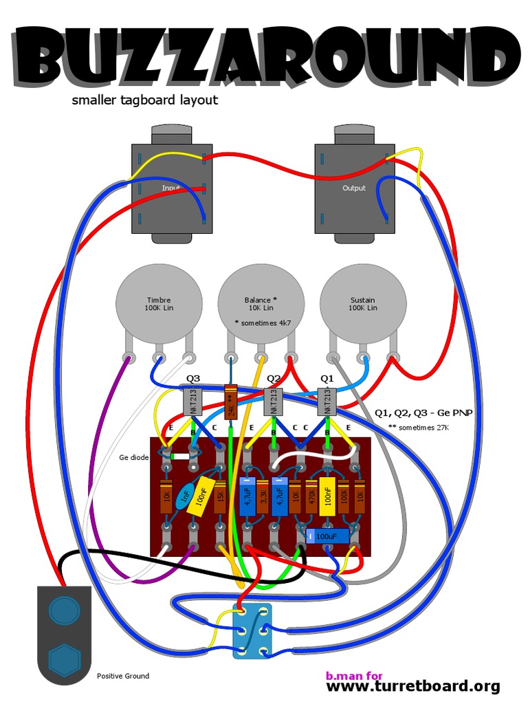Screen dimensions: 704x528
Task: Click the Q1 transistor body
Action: point(327,401)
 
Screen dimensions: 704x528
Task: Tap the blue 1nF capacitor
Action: point(184,497)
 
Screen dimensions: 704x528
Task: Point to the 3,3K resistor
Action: point(263,496)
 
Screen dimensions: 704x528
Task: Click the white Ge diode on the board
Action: point(180,456)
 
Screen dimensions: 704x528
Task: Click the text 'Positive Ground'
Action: point(123,676)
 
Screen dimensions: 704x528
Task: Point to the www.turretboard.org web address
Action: point(412,686)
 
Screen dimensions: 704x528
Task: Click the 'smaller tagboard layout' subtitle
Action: point(144,100)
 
